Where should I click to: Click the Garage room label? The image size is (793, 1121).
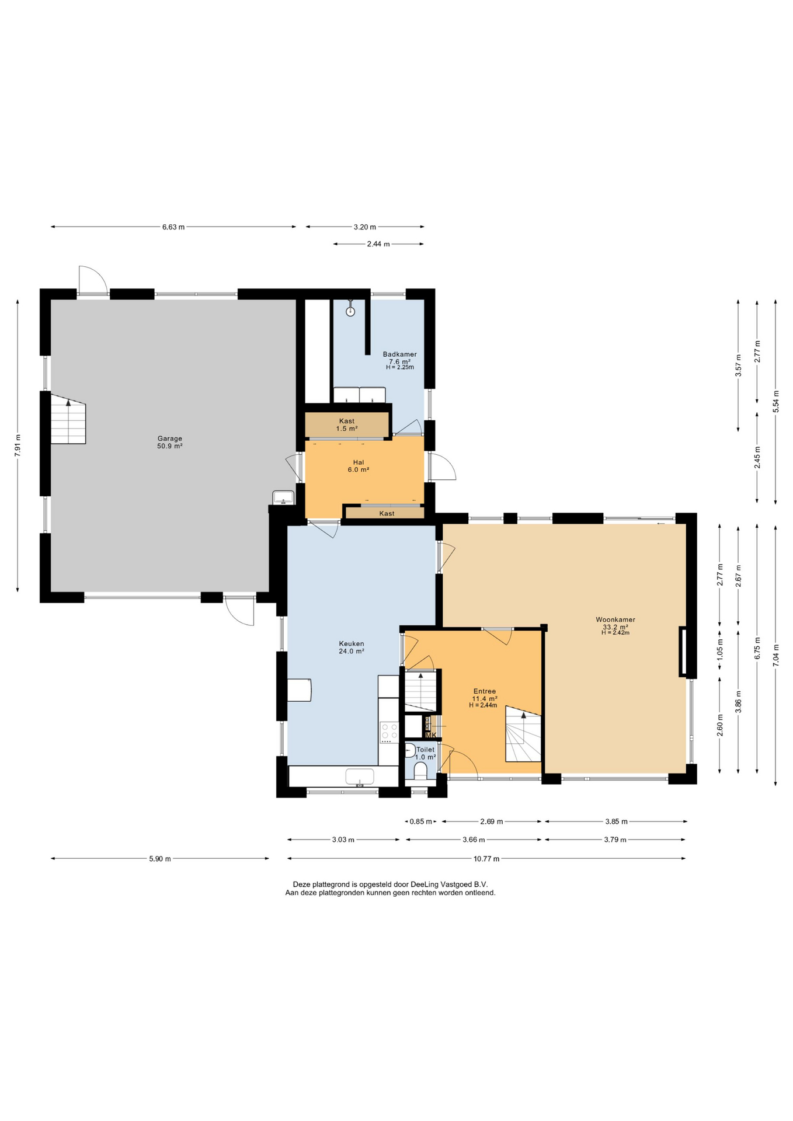tap(170, 438)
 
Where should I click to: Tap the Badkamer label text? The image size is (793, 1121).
tap(400, 354)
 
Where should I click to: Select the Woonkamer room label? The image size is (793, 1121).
tap(615, 619)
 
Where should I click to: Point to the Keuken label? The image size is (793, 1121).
tap(352, 644)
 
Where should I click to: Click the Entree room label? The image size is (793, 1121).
tap(485, 691)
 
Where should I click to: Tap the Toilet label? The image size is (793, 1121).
tap(426, 750)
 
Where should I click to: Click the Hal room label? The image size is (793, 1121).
tap(359, 462)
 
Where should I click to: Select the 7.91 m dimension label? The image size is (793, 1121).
tap(18, 446)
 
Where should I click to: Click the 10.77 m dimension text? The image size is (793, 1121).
tap(486, 858)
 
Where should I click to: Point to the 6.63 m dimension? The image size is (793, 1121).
tap(173, 227)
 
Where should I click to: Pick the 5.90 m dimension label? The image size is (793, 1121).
tap(160, 858)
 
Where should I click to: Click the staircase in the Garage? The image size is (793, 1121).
tap(68, 419)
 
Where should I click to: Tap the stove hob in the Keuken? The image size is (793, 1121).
tap(389, 732)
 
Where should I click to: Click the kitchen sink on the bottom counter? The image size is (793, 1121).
tap(360, 777)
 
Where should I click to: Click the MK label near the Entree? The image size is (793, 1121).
tap(431, 735)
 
